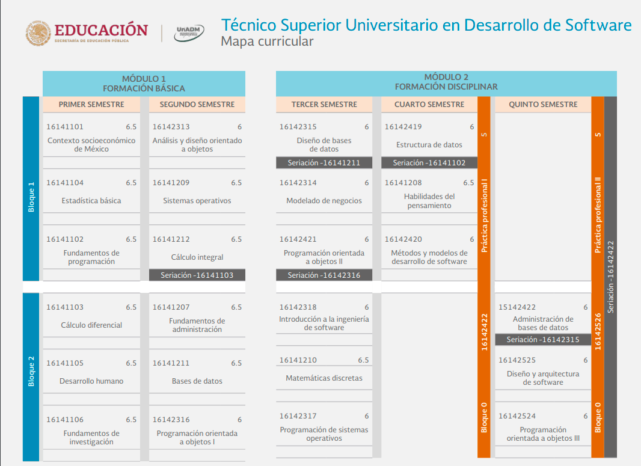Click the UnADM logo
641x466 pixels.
click(189, 32)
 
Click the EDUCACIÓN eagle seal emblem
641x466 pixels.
click(38, 33)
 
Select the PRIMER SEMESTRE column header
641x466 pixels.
click(91, 104)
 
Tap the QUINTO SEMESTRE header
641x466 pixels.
click(543, 104)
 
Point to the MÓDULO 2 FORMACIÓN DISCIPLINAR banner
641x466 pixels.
click(446, 82)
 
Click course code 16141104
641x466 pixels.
click(65, 183)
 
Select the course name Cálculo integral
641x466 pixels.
click(197, 257)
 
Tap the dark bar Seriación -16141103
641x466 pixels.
click(197, 275)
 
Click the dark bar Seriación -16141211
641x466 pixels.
click(324, 163)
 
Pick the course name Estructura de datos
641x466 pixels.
click(429, 145)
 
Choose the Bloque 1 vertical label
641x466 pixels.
click(31, 197)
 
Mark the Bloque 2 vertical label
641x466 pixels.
click(31, 371)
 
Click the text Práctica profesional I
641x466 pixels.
click(484, 215)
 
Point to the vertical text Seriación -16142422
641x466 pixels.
click(610, 277)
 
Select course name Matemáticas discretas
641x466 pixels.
click(324, 378)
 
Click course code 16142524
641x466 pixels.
click(517, 416)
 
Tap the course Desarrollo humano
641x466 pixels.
click(91, 381)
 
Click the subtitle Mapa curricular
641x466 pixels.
click(267, 41)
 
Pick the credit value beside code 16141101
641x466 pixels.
click(131, 127)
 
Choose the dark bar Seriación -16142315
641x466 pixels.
click(543, 340)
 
